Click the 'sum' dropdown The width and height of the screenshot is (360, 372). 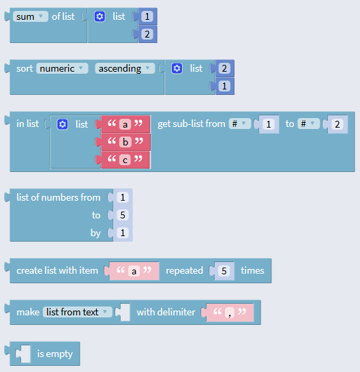click(x=30, y=16)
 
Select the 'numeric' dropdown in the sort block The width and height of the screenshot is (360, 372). click(x=62, y=68)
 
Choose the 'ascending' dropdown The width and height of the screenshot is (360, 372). click(x=125, y=68)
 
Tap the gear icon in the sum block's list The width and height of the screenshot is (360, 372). click(x=100, y=16)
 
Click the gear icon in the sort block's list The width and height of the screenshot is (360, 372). click(x=177, y=68)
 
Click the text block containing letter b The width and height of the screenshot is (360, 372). click(x=125, y=142)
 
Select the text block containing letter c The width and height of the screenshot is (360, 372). click(x=125, y=160)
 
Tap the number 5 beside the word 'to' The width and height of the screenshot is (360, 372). click(x=123, y=215)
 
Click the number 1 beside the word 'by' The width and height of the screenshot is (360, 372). click(x=123, y=233)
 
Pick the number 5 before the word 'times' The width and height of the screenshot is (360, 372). click(x=224, y=271)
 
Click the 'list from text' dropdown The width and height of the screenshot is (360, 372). click(x=78, y=312)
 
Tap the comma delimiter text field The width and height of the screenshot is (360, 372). click(x=229, y=313)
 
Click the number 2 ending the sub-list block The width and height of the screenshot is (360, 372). click(x=337, y=124)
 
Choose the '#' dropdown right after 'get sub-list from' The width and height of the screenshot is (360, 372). click(x=239, y=124)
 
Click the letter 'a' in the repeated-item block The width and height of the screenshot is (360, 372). click(x=134, y=271)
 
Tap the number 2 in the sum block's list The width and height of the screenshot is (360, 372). click(x=147, y=34)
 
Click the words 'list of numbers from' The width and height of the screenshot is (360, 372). click(x=59, y=197)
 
